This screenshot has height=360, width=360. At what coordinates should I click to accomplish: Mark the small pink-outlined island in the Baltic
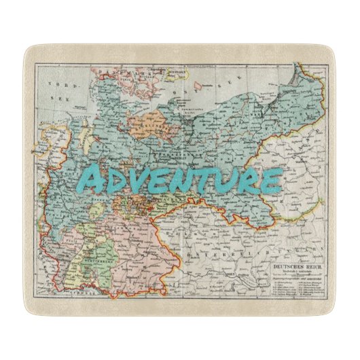coord(198,86)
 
